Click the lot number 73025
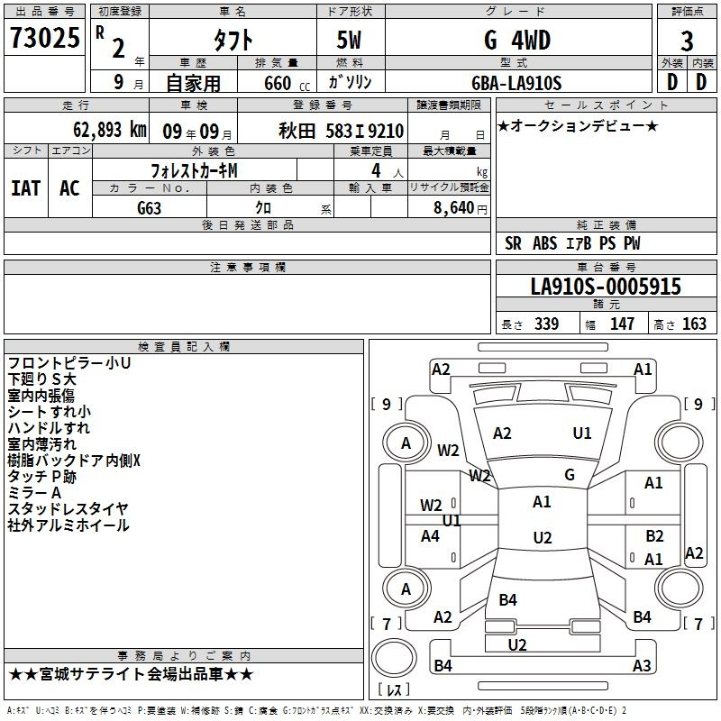[x=44, y=38]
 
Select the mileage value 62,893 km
[x=110, y=130]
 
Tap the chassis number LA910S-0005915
[x=606, y=287]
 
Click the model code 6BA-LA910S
[x=516, y=83]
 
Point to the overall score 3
[x=687, y=41]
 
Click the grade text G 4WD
[x=517, y=40]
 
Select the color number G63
[x=150, y=208]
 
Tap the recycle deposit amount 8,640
[x=454, y=208]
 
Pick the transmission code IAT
[x=26, y=188]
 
